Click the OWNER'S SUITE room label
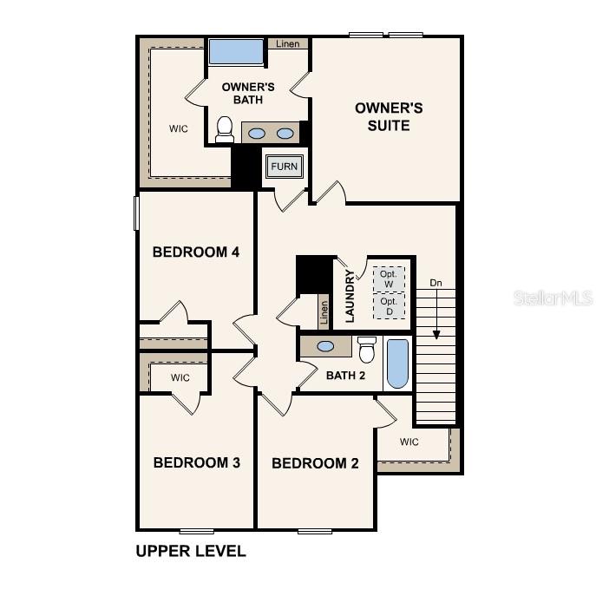[388, 116]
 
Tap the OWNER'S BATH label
[248, 93]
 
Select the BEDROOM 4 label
[195, 252]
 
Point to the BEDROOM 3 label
[196, 462]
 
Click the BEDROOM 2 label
[315, 463]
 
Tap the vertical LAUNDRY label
[350, 296]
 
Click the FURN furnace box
[284, 167]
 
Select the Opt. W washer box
[389, 279]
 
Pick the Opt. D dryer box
[389, 305]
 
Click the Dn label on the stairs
[436, 283]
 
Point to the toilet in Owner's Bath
[225, 129]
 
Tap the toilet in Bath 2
[367, 349]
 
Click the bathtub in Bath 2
[396, 363]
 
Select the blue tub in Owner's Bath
[235, 51]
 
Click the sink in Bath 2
[325, 346]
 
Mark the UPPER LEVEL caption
[191, 551]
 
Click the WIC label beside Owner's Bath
[179, 128]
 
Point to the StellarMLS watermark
[553, 298]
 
